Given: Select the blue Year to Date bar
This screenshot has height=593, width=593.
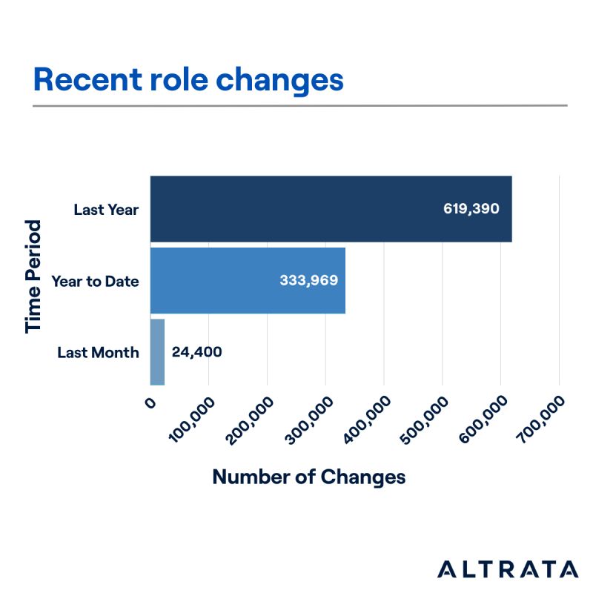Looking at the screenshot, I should [x=222, y=280].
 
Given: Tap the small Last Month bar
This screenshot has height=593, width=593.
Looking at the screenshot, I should [x=157, y=352].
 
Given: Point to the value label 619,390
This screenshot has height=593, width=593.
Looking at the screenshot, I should [x=471, y=209].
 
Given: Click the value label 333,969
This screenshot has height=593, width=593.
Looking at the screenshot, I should [x=309, y=281].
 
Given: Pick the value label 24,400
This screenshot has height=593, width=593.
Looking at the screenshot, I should [x=196, y=352].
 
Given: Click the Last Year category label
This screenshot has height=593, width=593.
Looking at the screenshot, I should [x=106, y=209].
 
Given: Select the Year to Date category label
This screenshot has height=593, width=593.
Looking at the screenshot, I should [x=95, y=281].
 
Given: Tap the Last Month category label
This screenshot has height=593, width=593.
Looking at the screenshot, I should [x=98, y=352].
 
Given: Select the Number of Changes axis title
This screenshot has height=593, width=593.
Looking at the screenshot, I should [x=309, y=477].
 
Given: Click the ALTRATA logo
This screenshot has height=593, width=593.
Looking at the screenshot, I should [x=507, y=569].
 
